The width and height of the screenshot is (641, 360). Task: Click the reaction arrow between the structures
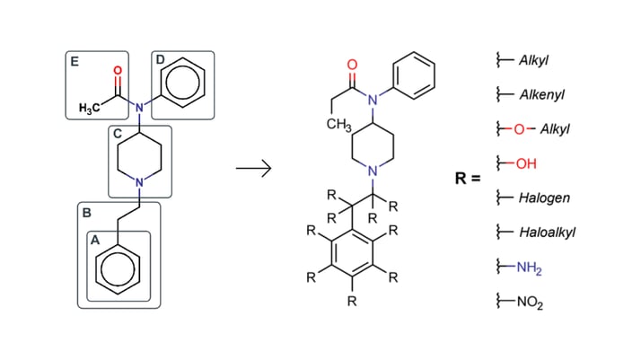[253, 169]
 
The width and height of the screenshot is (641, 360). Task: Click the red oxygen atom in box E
[116, 69]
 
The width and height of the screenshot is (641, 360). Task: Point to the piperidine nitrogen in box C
[139, 183]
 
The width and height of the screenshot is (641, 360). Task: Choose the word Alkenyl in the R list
[542, 94]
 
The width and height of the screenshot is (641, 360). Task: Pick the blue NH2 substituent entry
[530, 267]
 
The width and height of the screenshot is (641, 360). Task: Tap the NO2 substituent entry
[530, 301]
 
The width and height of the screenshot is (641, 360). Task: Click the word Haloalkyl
[547, 232]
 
